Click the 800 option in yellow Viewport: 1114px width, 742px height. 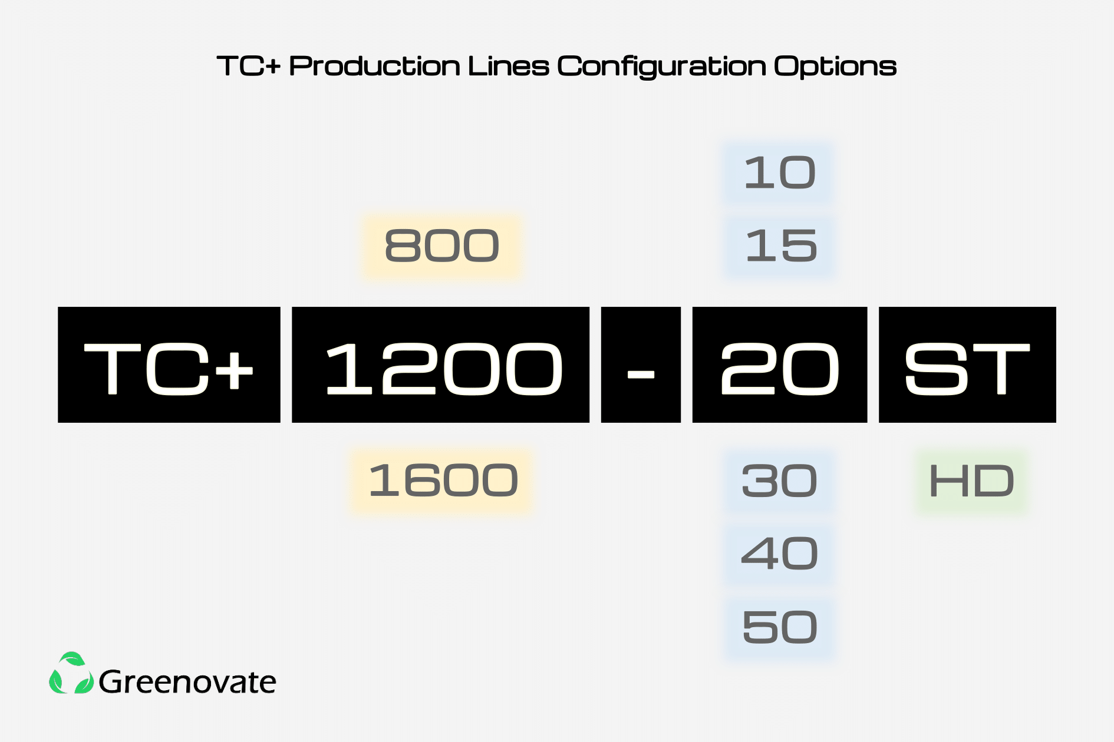[441, 246]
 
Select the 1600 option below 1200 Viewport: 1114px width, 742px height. [442, 481]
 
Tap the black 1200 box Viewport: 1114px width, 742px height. [440, 365]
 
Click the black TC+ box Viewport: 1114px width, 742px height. [169, 365]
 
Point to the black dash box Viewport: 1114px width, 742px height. [641, 365]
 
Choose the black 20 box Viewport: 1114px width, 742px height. [780, 365]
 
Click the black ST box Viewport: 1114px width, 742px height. [967, 365]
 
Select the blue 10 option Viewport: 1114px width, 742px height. [779, 173]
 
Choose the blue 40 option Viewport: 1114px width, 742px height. [779, 554]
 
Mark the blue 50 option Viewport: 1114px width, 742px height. [780, 627]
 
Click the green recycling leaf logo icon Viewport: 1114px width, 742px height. [71, 673]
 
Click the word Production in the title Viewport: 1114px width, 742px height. [374, 66]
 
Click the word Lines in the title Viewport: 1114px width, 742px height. [508, 66]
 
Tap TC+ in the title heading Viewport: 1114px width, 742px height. [249, 66]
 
